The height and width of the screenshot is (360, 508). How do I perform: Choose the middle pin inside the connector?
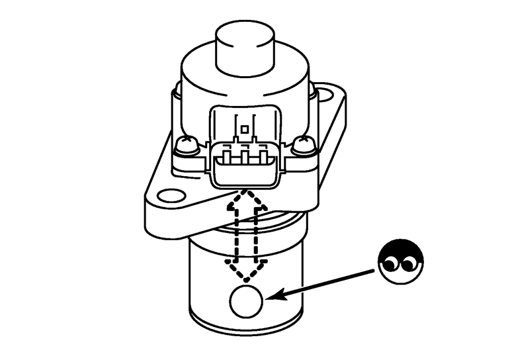pos(245,159)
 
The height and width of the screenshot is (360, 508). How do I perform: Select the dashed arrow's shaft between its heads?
pos(245,234)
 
